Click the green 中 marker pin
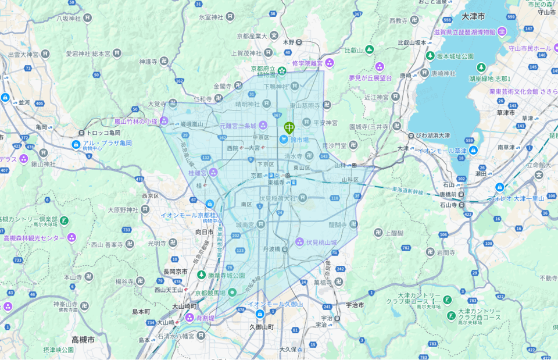pyautogui.click(x=289, y=127)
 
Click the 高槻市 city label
pyautogui.click(x=83, y=339)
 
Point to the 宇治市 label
pyautogui.click(x=355, y=305)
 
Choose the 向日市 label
pyautogui.click(x=204, y=231)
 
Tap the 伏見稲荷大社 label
pyautogui.click(x=278, y=198)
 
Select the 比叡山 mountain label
pyautogui.click(x=353, y=50)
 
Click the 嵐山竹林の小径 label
pyautogui.click(x=135, y=121)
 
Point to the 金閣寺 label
pyautogui.click(x=223, y=85)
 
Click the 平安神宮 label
pyautogui.click(x=325, y=123)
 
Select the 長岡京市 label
pyautogui.click(x=175, y=272)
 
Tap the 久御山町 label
pyautogui.click(x=262, y=327)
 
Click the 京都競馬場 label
pyautogui.click(x=213, y=293)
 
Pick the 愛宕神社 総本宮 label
pyautogui.click(x=88, y=53)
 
